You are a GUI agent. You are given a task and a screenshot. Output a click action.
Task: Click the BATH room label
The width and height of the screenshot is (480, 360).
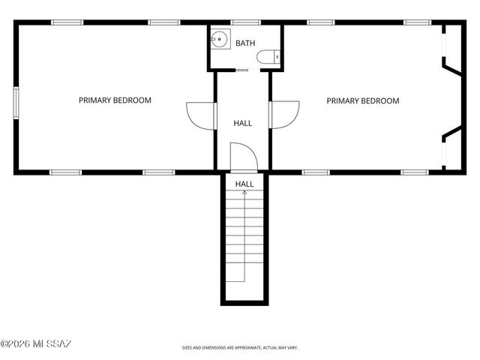(x=245, y=43)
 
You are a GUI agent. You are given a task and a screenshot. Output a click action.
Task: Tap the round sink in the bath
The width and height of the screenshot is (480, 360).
(x=220, y=39)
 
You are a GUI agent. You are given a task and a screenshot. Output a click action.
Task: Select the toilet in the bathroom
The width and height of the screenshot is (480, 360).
(x=268, y=56)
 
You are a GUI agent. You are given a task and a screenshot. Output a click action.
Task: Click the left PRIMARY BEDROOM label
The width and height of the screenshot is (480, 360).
(x=115, y=100)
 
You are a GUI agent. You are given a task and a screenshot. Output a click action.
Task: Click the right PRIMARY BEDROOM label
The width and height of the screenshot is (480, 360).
(x=362, y=100)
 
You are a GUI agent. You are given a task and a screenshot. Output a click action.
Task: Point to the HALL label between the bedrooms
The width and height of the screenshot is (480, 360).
(x=243, y=123)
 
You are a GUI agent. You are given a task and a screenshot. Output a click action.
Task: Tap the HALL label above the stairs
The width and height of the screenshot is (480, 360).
(x=244, y=184)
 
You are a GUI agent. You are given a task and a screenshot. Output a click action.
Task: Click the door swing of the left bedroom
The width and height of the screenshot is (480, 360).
(x=199, y=115)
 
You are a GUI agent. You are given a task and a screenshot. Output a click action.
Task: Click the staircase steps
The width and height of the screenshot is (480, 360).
(x=244, y=240)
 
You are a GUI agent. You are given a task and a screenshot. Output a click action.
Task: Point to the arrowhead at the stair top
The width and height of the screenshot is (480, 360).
(x=244, y=193)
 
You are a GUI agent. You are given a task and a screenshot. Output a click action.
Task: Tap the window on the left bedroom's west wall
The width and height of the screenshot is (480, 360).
(x=16, y=102)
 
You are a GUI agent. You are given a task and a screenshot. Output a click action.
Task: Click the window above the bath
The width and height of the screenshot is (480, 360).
(x=244, y=22)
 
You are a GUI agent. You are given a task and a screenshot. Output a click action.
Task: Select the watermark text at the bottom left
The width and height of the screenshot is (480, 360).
(x=36, y=344)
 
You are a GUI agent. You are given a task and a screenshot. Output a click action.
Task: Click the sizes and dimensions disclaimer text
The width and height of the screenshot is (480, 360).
(x=240, y=348)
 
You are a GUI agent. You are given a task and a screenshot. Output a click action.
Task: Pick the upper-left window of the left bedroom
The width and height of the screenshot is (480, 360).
(x=67, y=22)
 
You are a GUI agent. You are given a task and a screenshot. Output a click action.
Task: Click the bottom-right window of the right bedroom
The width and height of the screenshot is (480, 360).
(x=414, y=172)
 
